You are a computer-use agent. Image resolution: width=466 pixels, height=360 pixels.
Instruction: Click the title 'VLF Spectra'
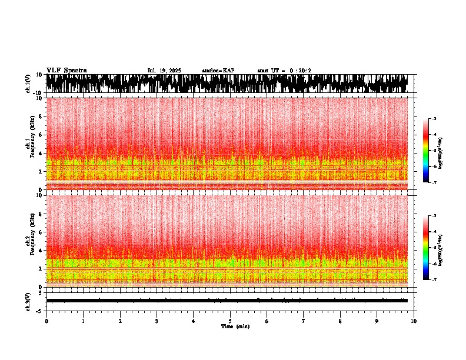(x=66, y=71)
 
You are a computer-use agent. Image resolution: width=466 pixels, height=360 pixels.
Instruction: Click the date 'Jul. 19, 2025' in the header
(x=164, y=71)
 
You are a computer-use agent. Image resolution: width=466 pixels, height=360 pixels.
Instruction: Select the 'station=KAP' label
(x=218, y=71)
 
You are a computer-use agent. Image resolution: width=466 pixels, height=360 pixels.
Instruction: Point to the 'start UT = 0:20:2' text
(x=284, y=71)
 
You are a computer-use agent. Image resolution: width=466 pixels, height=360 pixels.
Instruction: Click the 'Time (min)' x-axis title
(x=235, y=326)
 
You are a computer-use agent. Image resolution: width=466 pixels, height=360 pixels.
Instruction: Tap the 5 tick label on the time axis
(x=230, y=321)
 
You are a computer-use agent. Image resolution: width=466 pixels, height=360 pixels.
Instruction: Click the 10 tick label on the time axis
(x=414, y=321)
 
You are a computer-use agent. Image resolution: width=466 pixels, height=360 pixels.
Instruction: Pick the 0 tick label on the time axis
(x=46, y=321)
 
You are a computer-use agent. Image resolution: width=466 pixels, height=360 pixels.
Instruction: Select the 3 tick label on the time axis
(x=157, y=321)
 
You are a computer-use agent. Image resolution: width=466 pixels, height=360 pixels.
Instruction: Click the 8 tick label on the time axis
(x=340, y=321)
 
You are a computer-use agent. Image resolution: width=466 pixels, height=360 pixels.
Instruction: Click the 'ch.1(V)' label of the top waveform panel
(x=28, y=84)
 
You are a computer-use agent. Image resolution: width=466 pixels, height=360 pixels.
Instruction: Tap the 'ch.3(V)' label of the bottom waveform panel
(x=28, y=301)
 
